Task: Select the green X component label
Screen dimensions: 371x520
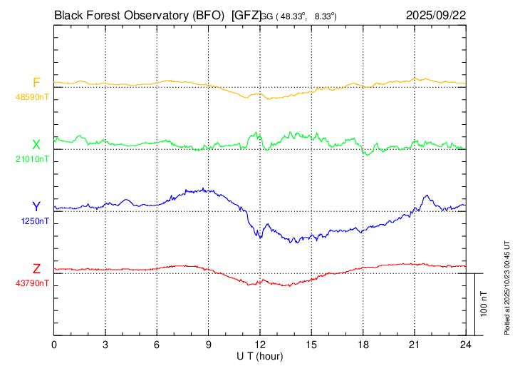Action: [x=36, y=144]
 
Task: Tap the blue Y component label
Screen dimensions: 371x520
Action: [x=36, y=207]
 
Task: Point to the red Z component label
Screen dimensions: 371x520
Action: [x=36, y=268]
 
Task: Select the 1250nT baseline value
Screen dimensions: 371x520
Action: [x=35, y=221]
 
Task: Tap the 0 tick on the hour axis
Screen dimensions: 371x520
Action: [x=55, y=343]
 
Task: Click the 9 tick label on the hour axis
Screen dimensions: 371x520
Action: [x=209, y=343]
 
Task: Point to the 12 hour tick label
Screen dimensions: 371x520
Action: [x=260, y=343]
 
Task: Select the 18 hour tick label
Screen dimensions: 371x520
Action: [x=363, y=343]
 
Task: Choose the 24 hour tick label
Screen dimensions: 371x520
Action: [x=466, y=343]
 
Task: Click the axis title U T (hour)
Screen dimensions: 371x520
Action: [x=260, y=355]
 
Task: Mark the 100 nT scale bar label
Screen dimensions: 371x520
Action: [x=484, y=304]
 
